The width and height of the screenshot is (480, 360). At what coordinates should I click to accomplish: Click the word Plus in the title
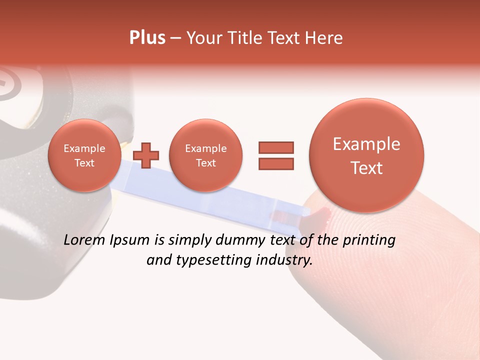click(x=147, y=38)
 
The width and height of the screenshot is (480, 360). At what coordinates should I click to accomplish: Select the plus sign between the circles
click(x=146, y=155)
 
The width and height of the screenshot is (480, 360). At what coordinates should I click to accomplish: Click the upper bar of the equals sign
click(x=276, y=147)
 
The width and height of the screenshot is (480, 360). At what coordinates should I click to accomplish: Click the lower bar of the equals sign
click(x=276, y=163)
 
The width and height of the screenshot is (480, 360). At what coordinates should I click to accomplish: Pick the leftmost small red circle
click(x=84, y=155)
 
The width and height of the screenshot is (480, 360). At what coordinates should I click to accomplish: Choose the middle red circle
click(x=205, y=155)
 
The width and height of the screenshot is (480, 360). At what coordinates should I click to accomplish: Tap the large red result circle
click(x=366, y=155)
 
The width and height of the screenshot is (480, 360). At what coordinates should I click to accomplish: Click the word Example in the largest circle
click(x=366, y=144)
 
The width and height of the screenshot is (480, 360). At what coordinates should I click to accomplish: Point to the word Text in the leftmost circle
click(x=84, y=163)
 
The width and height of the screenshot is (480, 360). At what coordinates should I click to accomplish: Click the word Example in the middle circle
click(x=205, y=148)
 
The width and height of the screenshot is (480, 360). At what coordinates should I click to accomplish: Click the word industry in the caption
click(x=284, y=260)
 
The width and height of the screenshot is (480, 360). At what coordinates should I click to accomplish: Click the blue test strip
click(x=200, y=200)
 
